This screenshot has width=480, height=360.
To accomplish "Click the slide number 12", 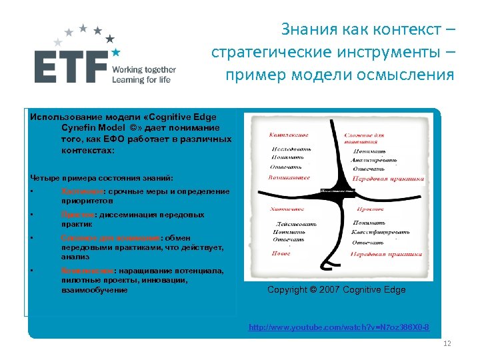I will (447, 343).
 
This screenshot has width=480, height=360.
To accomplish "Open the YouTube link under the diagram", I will (339, 327).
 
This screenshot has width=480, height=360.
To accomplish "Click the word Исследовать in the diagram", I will (291, 149).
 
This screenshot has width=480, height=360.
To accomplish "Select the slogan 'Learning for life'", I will (141, 80).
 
